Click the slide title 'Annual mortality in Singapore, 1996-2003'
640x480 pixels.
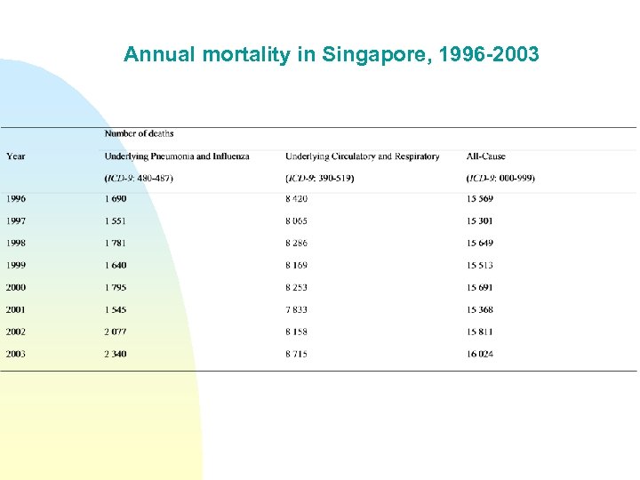(331, 55)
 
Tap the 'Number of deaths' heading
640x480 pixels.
(139, 133)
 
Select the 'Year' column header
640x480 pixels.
(16, 156)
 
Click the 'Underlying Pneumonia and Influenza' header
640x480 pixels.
(177, 156)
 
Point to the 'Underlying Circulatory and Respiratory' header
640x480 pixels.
(362, 156)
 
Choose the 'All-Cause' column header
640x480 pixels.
(485, 156)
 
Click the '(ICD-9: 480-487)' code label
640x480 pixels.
(139, 178)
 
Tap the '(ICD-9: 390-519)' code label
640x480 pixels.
(319, 178)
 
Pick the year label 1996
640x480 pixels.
(16, 199)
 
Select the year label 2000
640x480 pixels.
(16, 288)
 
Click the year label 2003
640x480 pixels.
(16, 355)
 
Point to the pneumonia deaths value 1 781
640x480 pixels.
(116, 244)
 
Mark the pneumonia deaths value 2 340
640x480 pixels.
(116, 355)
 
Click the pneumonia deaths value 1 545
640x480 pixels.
(116, 310)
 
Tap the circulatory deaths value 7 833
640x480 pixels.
(298, 310)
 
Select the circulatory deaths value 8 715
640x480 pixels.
(298, 355)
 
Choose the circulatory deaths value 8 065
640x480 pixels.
(298, 221)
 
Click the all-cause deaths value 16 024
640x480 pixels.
(480, 355)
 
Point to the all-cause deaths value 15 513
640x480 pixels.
(480, 266)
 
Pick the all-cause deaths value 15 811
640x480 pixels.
(480, 332)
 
